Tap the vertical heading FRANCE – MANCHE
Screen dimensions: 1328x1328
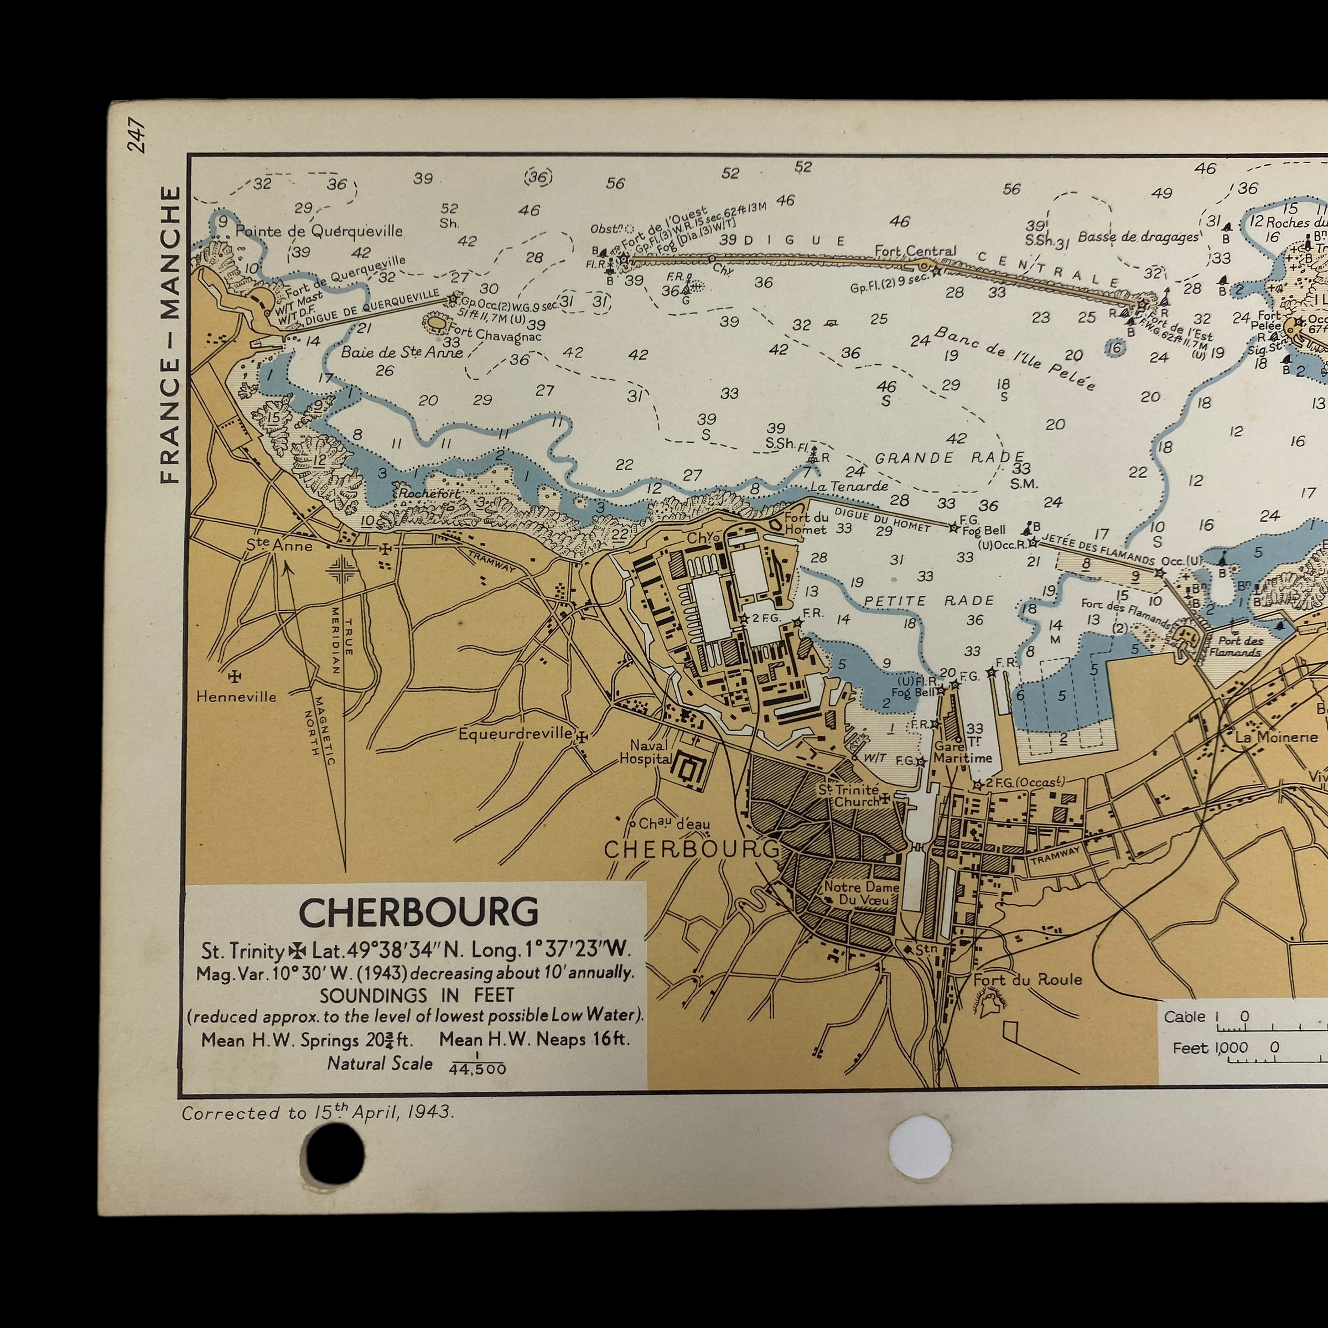tap(169, 334)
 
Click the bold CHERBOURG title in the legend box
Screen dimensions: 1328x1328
tap(418, 912)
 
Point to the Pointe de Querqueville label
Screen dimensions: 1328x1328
tap(319, 231)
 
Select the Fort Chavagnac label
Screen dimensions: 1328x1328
tap(494, 335)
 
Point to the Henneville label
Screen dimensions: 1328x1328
tap(236, 696)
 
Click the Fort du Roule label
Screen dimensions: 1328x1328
tap(1027, 979)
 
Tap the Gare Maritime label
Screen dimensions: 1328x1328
tap(962, 752)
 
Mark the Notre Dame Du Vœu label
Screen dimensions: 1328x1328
tap(860, 893)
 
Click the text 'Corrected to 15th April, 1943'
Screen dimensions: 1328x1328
tap(318, 1112)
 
